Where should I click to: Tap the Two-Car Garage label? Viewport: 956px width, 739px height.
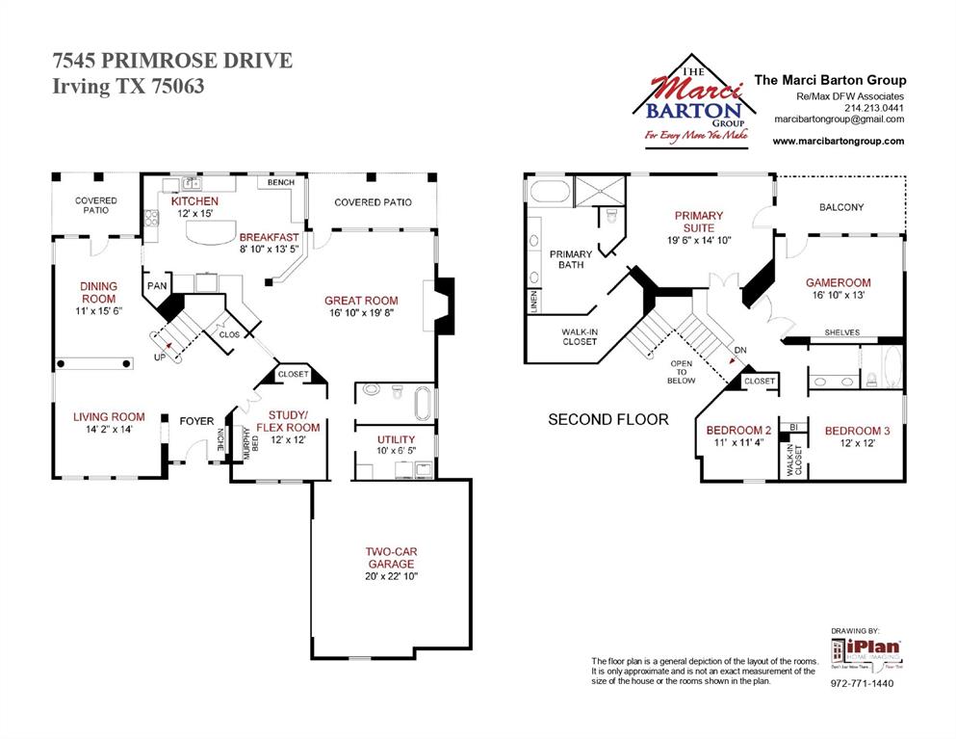pyautogui.click(x=390, y=558)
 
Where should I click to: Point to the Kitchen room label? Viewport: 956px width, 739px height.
pyautogui.click(x=194, y=201)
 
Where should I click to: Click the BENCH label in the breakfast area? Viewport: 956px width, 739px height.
pyautogui.click(x=281, y=182)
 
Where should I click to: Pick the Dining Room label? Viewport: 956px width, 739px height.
pyautogui.click(x=98, y=292)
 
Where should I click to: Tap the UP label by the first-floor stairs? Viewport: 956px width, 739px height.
pyautogui.click(x=159, y=357)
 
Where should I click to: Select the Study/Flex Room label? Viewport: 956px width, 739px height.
pyautogui.click(x=288, y=420)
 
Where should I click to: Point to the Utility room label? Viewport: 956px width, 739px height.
pyautogui.click(x=396, y=439)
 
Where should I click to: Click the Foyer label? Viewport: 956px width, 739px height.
pyautogui.click(x=196, y=420)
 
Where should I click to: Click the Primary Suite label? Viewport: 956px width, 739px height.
pyautogui.click(x=698, y=222)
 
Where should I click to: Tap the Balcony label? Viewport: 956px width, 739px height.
pyautogui.click(x=840, y=207)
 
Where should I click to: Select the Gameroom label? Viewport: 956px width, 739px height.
pyautogui.click(x=838, y=282)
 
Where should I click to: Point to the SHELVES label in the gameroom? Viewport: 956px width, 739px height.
pyautogui.click(x=841, y=332)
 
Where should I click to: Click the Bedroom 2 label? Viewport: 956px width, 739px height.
pyautogui.click(x=738, y=430)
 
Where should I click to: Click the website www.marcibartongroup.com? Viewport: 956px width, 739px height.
pyautogui.click(x=838, y=141)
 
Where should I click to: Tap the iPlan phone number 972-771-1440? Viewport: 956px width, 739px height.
pyautogui.click(x=863, y=683)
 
